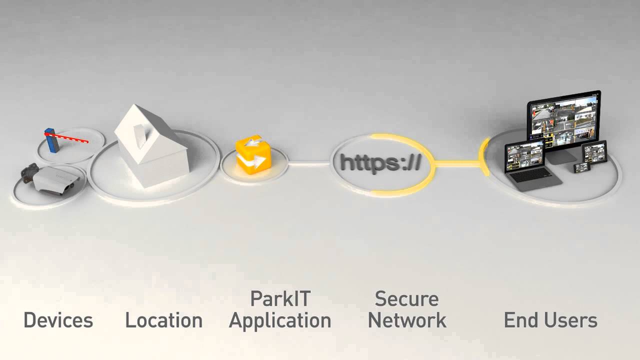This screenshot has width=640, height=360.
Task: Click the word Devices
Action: pyautogui.click(x=58, y=320)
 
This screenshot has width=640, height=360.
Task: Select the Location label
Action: pyautogui.click(x=163, y=320)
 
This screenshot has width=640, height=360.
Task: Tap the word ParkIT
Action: pyautogui.click(x=280, y=299)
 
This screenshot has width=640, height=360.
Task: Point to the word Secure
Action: pyautogui.click(x=406, y=299)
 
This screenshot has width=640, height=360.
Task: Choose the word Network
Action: pyautogui.click(x=407, y=320)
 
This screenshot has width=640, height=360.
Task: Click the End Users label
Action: pyautogui.click(x=550, y=320)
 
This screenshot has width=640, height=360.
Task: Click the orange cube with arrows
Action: pyautogui.click(x=253, y=154)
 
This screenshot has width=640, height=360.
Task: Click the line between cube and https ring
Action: pyautogui.click(x=309, y=162)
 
